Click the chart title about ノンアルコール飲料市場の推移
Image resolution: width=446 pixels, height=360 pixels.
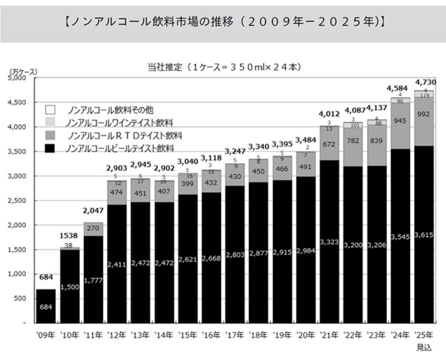pyautogui.click(x=223, y=21)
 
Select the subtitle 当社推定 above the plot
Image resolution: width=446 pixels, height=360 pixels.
pyautogui.click(x=225, y=68)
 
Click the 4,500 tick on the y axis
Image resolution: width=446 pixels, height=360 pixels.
pyautogui.click(x=18, y=103)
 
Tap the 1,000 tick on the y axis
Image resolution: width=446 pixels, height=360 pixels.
pyautogui.click(x=18, y=274)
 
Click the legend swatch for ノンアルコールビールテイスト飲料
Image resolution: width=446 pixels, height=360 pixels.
pyautogui.click(x=51, y=148)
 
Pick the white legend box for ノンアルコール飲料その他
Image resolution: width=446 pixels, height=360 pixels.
pyautogui.click(x=51, y=109)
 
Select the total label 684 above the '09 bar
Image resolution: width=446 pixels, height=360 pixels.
pyautogui.click(x=46, y=277)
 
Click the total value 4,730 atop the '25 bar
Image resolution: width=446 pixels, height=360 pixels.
pyautogui.click(x=425, y=82)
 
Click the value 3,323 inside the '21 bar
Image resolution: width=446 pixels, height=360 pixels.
pyautogui.click(x=329, y=242)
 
